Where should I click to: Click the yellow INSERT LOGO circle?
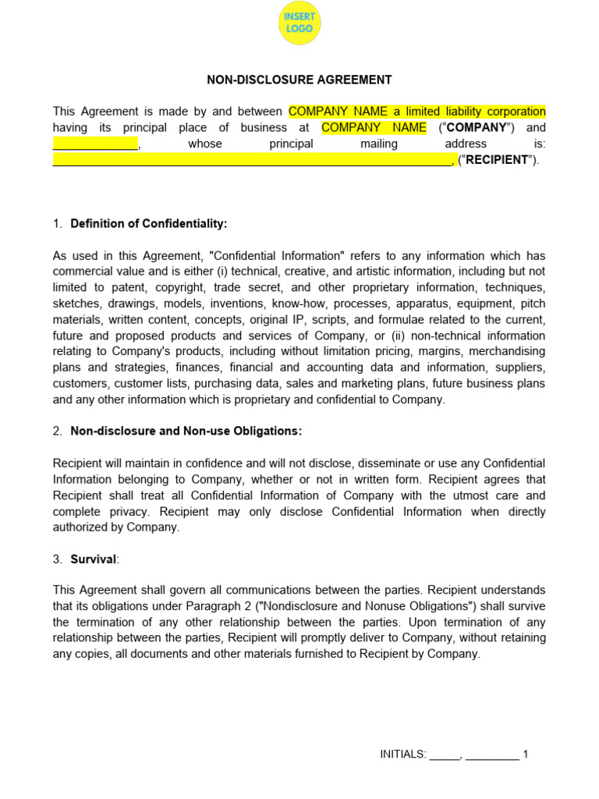pyautogui.click(x=299, y=23)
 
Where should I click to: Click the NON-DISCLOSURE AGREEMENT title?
pyautogui.click(x=299, y=80)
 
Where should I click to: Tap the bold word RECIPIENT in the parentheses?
pyautogui.click(x=497, y=160)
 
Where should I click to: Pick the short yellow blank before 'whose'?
pyautogui.click(x=95, y=144)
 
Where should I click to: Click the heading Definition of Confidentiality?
pyautogui.click(x=148, y=224)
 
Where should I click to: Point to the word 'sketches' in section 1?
pyautogui.click(x=76, y=304)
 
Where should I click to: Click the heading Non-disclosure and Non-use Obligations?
pyautogui.click(x=186, y=431)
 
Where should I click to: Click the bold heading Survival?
pyautogui.click(x=93, y=559)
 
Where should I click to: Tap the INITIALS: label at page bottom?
pyautogui.click(x=403, y=755)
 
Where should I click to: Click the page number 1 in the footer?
pyautogui.click(x=526, y=755)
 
